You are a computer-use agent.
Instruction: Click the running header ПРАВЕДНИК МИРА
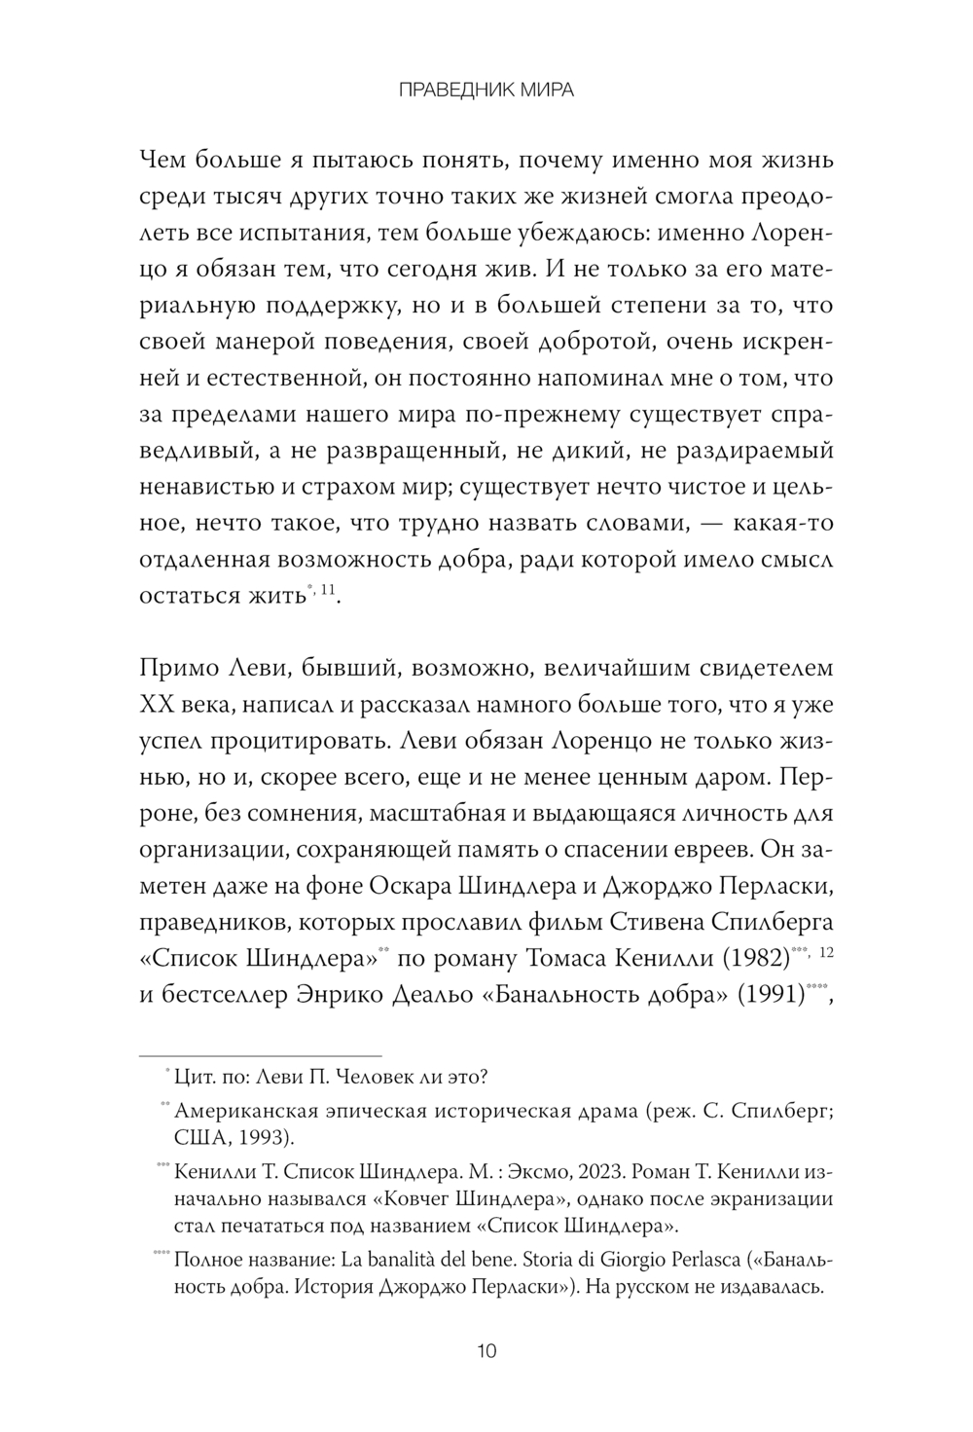pos(486,91)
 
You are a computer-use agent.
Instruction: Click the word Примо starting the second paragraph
pos(183,670)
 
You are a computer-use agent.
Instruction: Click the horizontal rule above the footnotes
pos(262,1054)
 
